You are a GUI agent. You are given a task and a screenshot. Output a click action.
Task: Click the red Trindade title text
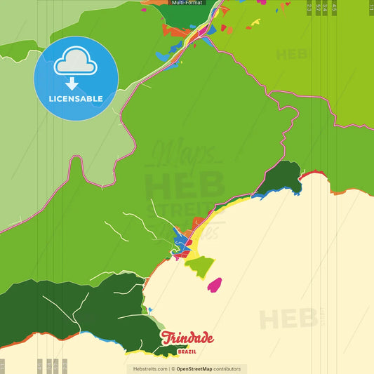187,338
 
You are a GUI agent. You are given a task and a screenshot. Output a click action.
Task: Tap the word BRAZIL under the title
187,351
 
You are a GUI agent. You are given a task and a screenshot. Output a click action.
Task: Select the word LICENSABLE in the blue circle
76,98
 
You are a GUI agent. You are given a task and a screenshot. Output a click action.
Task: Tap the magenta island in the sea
214,285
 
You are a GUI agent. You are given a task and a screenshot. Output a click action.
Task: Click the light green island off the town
199,267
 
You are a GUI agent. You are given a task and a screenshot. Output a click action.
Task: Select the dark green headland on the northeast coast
285,177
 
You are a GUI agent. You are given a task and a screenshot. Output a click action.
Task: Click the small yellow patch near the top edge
255,22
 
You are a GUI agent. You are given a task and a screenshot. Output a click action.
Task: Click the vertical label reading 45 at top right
335,7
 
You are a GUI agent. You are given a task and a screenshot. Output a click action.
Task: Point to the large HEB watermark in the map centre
175,186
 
